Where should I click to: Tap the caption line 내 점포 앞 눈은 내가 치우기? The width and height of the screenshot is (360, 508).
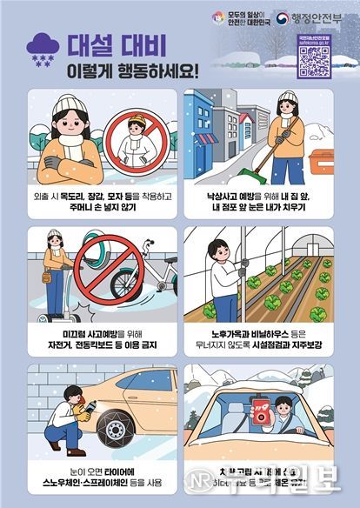tap(260, 209)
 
